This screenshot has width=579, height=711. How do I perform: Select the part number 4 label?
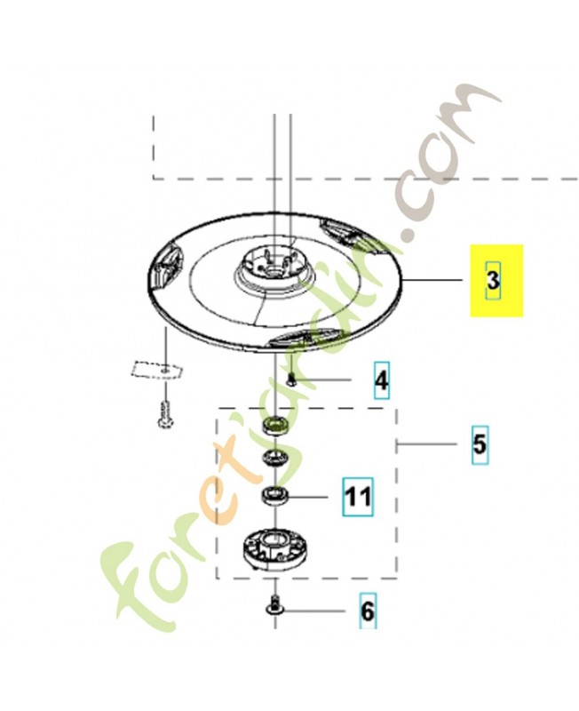coord(381,382)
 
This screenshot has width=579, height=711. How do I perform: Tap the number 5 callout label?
coord(479,443)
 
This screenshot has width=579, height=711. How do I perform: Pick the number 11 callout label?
coord(357,496)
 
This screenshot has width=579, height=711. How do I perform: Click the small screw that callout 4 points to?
coord(290,379)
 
